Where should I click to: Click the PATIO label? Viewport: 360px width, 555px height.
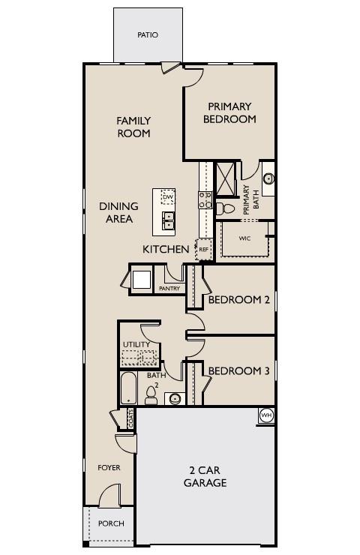point(148,35)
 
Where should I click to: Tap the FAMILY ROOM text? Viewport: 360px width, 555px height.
point(133,127)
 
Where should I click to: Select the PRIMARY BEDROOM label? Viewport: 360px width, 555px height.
point(229,112)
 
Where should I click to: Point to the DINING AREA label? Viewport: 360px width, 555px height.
point(118,212)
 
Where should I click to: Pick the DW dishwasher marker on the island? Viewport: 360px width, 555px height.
point(167,197)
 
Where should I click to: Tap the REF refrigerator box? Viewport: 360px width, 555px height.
point(203,249)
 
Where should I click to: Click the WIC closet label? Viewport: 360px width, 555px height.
point(244,238)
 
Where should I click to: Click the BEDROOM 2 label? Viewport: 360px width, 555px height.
point(239,300)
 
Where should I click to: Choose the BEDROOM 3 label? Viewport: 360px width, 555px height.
point(239,370)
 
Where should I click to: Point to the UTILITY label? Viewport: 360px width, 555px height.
point(136,345)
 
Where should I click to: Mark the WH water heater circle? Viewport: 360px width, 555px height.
point(265,415)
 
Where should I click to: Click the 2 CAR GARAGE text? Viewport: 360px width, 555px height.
point(205,476)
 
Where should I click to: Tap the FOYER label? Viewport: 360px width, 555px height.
point(109,468)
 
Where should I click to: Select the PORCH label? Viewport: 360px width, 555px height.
point(111,523)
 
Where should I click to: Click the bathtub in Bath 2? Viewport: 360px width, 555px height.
point(129,388)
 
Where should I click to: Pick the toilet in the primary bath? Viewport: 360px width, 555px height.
point(227,208)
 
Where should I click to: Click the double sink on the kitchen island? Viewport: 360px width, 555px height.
point(168,220)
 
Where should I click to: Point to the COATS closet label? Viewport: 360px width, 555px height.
point(130,418)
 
